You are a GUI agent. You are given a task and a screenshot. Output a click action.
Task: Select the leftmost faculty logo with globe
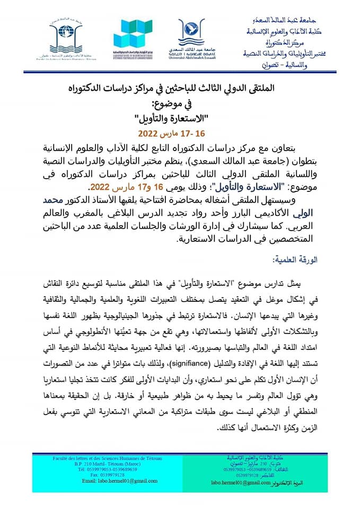point(66,35)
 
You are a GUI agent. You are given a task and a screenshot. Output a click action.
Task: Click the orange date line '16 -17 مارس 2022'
point(179,131)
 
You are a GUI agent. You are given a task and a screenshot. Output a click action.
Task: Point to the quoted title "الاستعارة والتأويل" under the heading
point(179,116)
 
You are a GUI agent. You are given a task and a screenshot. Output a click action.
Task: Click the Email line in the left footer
point(101,480)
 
